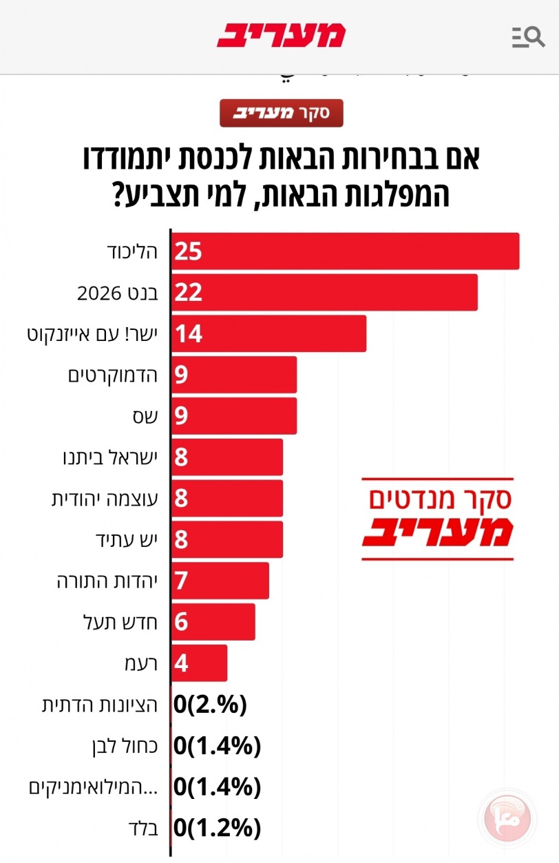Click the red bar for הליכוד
(x=344, y=251)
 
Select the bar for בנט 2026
(x=324, y=292)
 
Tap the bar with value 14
(x=268, y=333)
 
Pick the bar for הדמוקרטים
(x=234, y=375)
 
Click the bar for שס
(x=234, y=416)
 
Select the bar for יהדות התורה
(x=220, y=581)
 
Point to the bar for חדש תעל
(x=213, y=622)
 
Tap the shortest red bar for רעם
(x=199, y=663)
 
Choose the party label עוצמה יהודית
(x=105, y=499)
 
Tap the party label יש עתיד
(x=126, y=539)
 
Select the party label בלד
(x=144, y=828)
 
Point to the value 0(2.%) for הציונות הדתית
(x=210, y=705)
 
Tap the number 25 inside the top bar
(x=187, y=251)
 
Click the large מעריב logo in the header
(x=281, y=35)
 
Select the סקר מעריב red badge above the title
(x=281, y=113)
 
